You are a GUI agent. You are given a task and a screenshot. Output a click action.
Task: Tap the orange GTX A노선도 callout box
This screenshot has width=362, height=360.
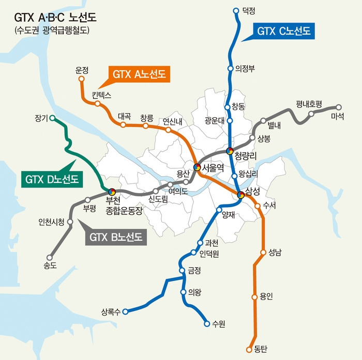[140, 75]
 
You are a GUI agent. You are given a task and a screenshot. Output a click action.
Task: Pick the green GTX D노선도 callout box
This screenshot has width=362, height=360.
[52, 179]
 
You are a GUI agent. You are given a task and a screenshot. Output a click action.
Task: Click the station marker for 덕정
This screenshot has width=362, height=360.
[236, 10]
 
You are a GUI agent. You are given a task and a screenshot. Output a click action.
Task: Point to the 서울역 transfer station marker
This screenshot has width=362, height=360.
[197, 167]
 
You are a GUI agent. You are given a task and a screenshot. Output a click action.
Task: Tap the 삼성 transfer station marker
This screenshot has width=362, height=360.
[240, 195]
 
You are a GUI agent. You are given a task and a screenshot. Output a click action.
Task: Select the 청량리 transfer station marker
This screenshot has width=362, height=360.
[230, 151]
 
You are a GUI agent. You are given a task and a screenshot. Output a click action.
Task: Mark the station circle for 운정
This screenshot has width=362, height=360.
[81, 79]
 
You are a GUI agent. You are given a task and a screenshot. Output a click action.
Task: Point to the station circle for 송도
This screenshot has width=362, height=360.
[50, 257]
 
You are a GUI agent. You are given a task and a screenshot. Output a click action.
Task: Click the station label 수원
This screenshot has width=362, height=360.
[219, 324]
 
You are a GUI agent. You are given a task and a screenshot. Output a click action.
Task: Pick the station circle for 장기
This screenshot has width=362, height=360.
[52, 118]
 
